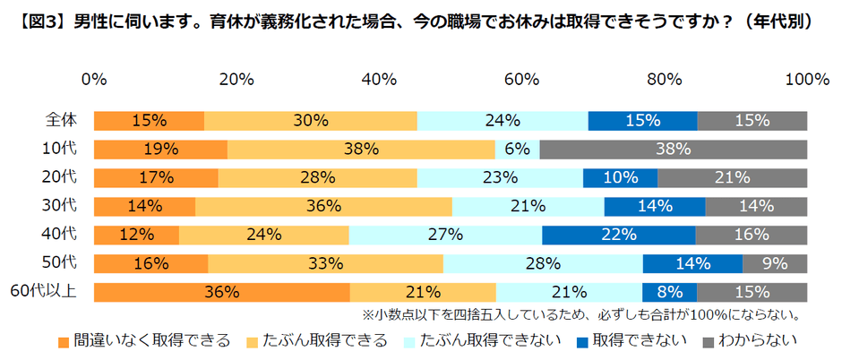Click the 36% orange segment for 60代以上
(221, 292)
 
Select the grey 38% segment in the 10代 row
(673, 150)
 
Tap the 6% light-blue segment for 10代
(517, 150)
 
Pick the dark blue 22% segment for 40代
(618, 235)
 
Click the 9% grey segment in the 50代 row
(775, 263)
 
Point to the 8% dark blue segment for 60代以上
(669, 292)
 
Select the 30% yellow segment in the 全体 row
(310, 121)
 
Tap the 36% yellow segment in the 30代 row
(323, 206)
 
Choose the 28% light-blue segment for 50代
(543, 263)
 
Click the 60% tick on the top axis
(521, 80)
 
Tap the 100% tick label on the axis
(805, 80)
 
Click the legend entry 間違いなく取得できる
(143, 340)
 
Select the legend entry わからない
(748, 340)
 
